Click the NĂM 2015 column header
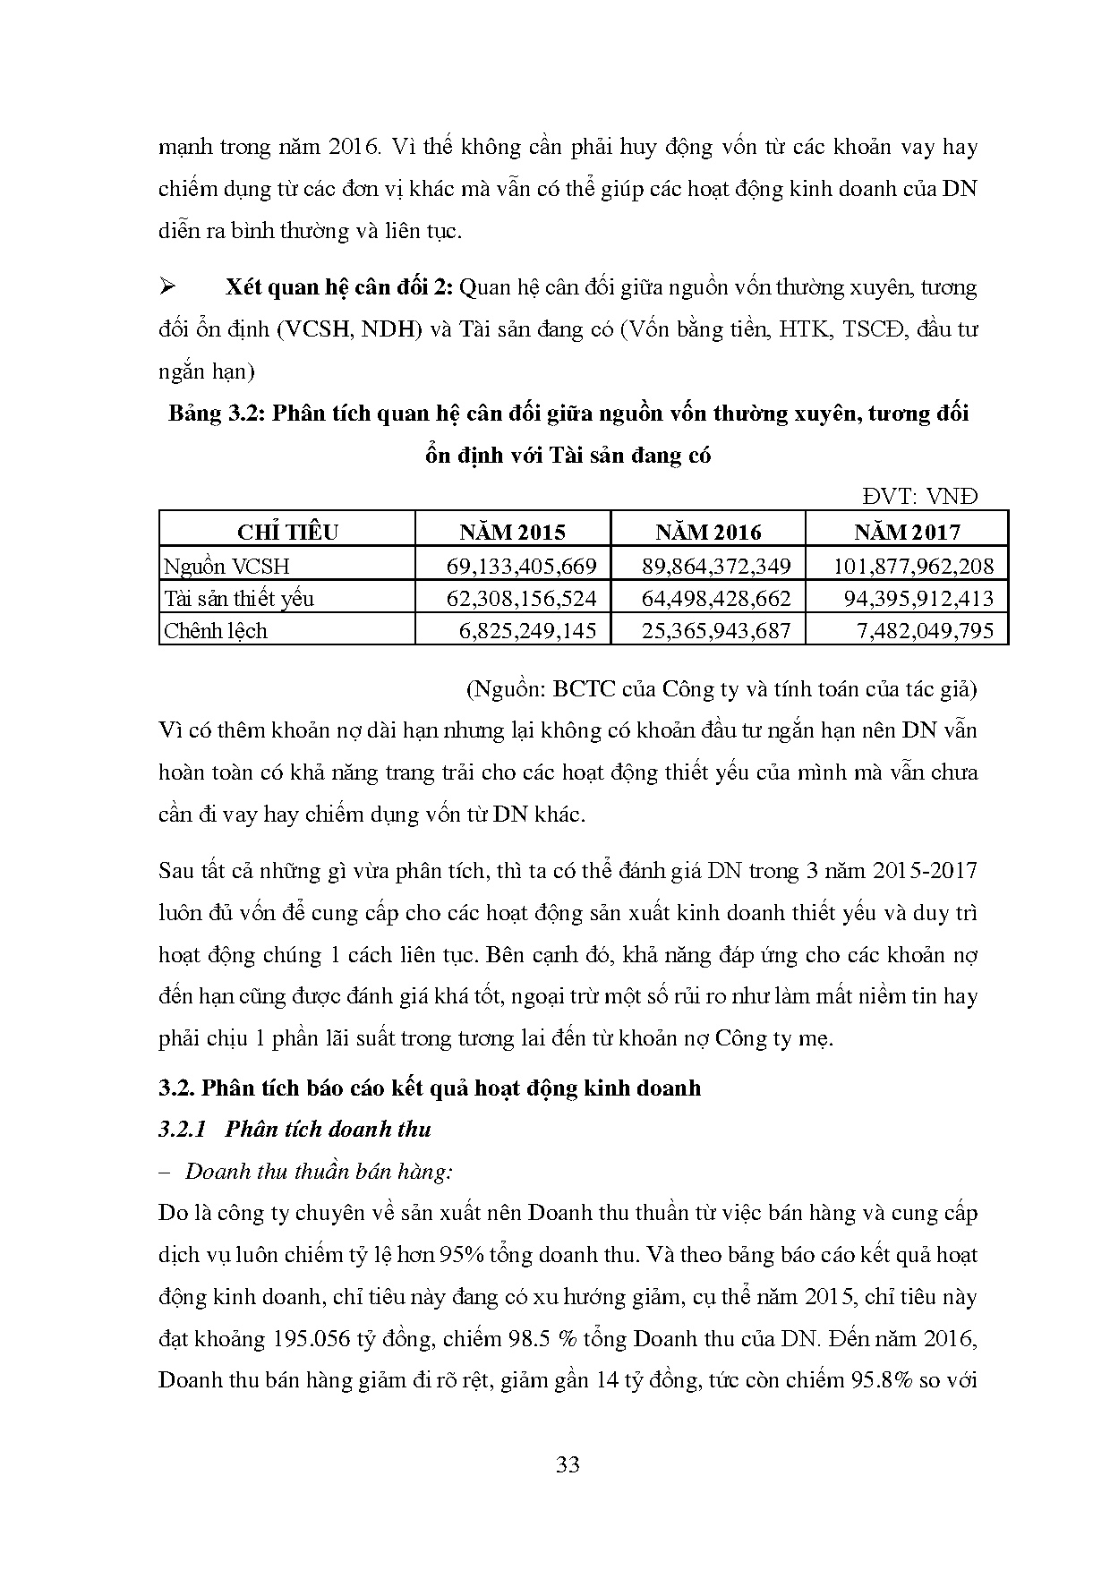tap(513, 533)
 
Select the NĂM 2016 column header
tap(708, 533)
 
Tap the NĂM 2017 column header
tap(907, 533)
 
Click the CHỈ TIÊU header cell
tap(287, 533)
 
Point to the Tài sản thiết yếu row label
tap(238, 598)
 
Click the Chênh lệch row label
tap(216, 630)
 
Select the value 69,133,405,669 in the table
tap(520, 566)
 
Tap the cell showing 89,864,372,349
tap(716, 566)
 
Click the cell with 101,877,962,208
tap(913, 566)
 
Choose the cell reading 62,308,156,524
tap(520, 598)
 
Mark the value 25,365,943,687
tap(716, 630)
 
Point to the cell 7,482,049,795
tap(925, 630)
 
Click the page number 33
tap(568, 1465)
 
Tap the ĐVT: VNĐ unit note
tap(920, 496)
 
